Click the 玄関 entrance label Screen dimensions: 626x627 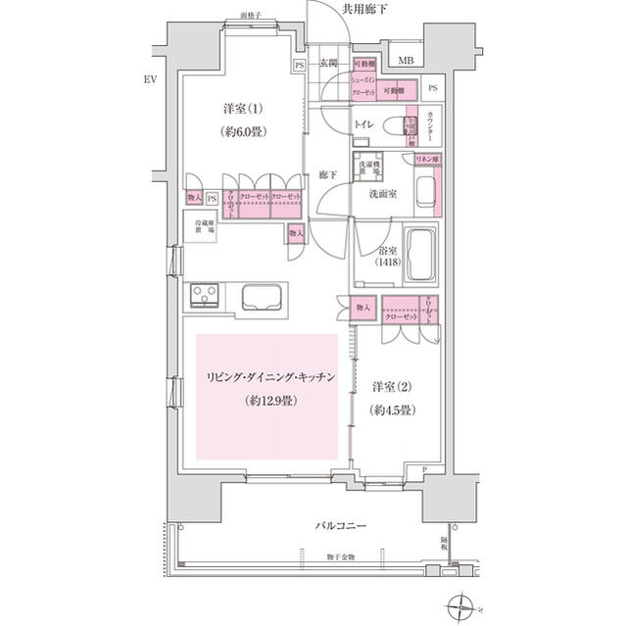[x=329, y=64]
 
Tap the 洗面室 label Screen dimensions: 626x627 [x=383, y=194]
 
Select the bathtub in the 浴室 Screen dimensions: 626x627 [x=423, y=253]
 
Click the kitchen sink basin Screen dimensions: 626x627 [x=262, y=298]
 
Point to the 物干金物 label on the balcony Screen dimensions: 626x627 [x=314, y=557]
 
